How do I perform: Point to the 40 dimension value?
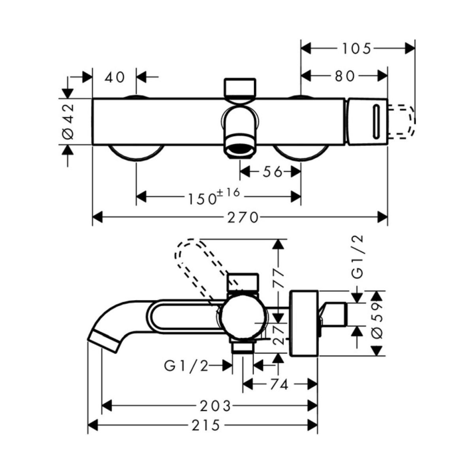pyautogui.click(x=115, y=77)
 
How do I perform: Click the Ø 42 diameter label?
pyautogui.click(x=68, y=121)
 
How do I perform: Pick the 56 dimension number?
pyautogui.click(x=273, y=172)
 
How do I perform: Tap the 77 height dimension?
pyautogui.click(x=279, y=273)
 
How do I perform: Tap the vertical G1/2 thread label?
pyautogui.click(x=357, y=257)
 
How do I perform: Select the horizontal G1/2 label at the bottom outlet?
pyautogui.click(x=186, y=366)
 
